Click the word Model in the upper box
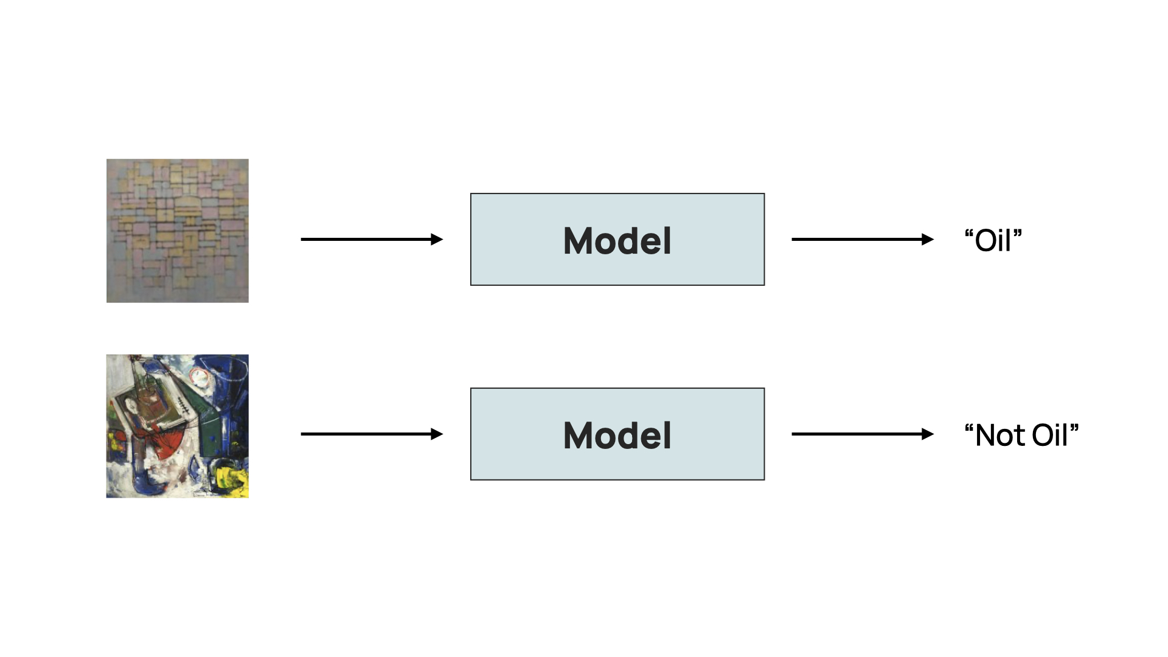coord(617,240)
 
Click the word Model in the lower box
coord(617,435)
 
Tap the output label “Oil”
coord(993,240)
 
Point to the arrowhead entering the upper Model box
coord(437,239)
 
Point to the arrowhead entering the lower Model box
coord(437,434)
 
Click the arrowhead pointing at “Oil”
coord(928,239)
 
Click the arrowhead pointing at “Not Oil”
coord(928,434)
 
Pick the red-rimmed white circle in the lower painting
coord(200,377)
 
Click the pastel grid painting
coord(177,231)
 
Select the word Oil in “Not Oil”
coord(1050,435)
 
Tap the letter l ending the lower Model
coord(668,435)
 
